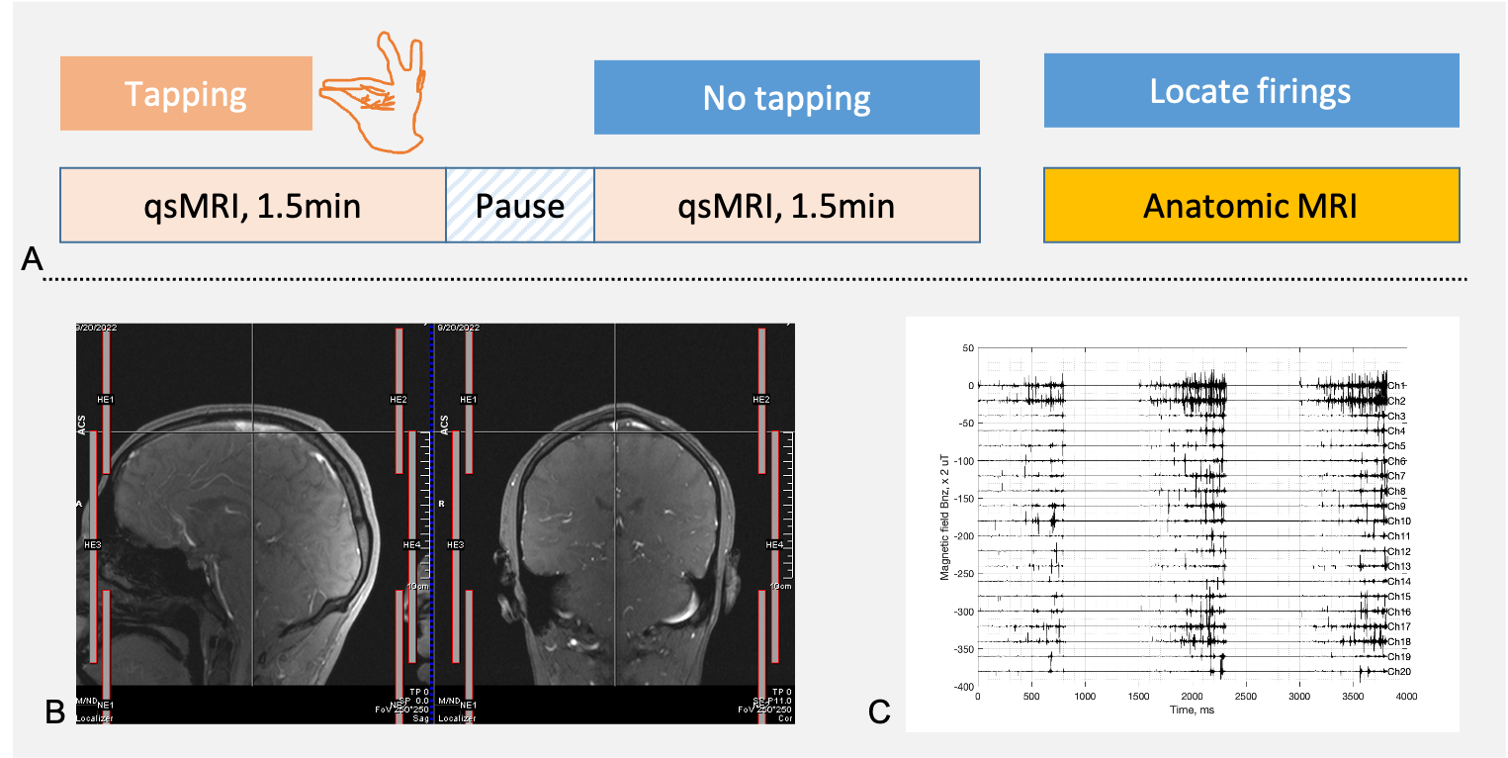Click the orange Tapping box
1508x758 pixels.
186,94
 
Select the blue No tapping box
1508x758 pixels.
786,97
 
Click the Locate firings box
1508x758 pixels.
1251,91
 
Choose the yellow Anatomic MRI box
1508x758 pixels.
1251,206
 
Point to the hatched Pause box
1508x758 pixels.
520,206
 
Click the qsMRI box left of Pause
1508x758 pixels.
253,206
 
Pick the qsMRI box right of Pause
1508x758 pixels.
787,206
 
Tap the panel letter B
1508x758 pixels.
56,711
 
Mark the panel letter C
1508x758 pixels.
878,711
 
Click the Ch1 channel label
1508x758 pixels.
1396,385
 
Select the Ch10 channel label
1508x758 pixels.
1398,521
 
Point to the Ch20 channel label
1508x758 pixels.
1398,672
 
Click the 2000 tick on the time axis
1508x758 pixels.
1193,697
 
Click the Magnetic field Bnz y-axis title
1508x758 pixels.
944,517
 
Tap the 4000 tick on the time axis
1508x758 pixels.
1406,697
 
